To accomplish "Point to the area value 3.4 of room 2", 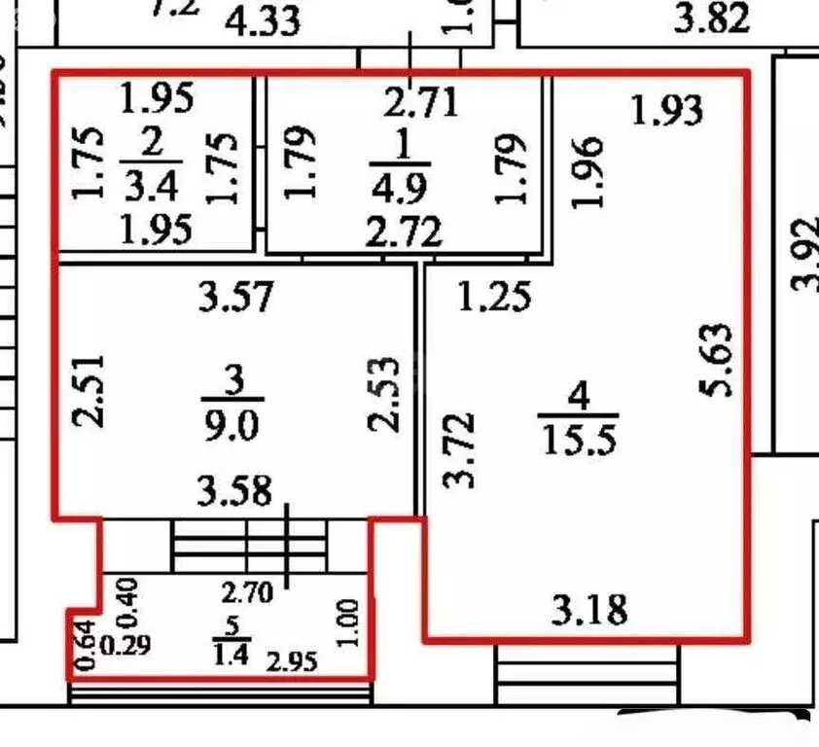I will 151,185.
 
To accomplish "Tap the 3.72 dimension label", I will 458,449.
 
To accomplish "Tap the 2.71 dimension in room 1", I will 420,102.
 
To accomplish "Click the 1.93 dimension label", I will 666,110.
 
